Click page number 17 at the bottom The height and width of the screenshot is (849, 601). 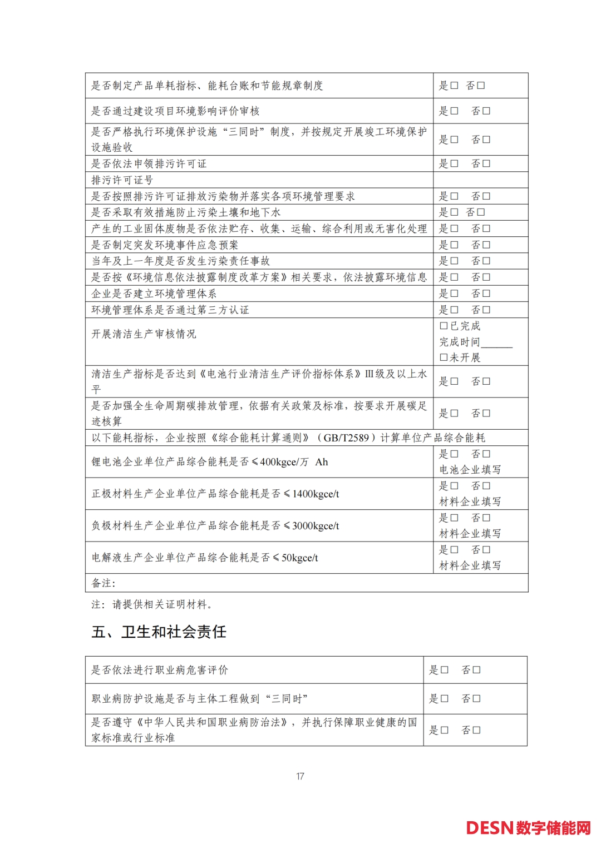click(x=300, y=776)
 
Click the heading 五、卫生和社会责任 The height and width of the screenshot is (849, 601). click(x=159, y=632)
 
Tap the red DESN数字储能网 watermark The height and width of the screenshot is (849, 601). click(x=528, y=828)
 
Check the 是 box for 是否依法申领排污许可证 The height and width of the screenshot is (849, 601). click(x=455, y=163)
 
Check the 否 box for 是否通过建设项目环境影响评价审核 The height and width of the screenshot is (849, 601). click(x=487, y=111)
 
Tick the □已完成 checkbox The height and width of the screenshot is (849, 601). click(x=444, y=326)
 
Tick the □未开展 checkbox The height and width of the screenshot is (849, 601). click(x=444, y=358)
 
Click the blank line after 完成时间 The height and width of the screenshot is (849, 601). click(x=496, y=342)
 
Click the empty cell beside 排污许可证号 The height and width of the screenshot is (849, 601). click(x=480, y=180)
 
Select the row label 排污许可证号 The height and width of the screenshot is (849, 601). click(x=122, y=180)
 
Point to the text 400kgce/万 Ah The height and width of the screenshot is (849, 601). click(x=294, y=462)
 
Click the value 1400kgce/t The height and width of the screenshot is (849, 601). click(x=316, y=494)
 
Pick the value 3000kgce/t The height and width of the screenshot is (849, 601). click(x=316, y=526)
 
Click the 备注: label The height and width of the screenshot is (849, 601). click(x=104, y=583)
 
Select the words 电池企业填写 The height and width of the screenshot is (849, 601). click(x=470, y=470)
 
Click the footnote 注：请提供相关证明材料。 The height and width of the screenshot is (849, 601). click(x=152, y=604)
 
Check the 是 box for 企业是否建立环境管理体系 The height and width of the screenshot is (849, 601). click(x=455, y=294)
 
